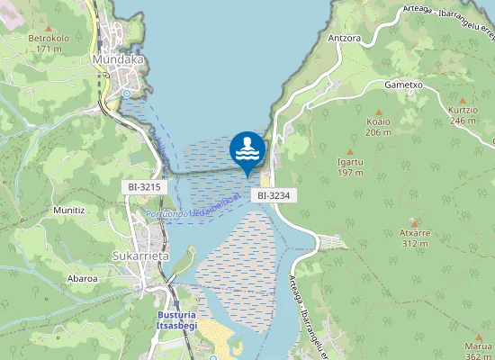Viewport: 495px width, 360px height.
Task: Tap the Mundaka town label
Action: [x=119, y=59]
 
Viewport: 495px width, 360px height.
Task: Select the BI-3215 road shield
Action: [x=144, y=186]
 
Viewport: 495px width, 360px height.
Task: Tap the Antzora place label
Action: [x=345, y=39]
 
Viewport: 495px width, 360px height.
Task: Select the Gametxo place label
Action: [x=403, y=85]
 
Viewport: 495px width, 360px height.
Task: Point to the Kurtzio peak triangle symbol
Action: [x=463, y=100]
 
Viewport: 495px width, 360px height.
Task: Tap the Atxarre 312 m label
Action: [x=414, y=238]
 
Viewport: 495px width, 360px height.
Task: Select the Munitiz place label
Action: [x=68, y=210]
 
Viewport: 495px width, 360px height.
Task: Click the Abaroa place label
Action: [x=82, y=278]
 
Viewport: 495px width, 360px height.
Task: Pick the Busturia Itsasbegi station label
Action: [x=176, y=320]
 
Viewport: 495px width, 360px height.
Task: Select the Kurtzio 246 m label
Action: [x=463, y=115]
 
